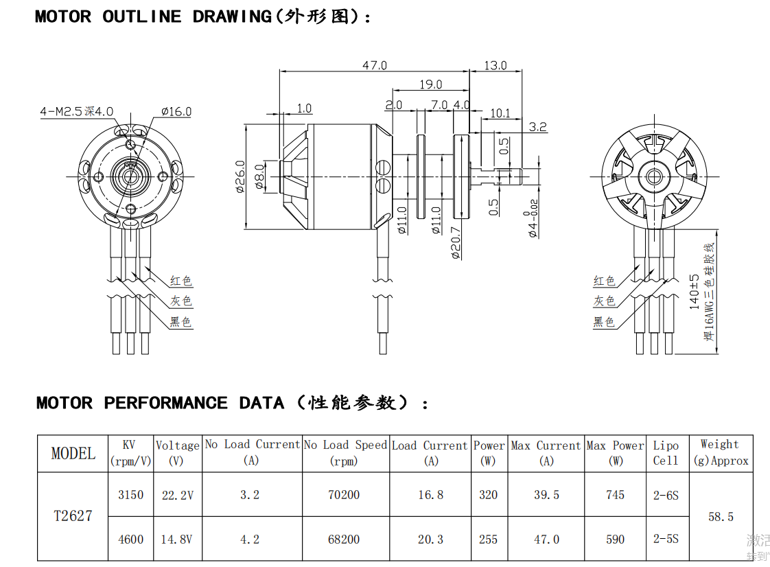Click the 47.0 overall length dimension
click(375, 65)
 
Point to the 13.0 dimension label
click(495, 65)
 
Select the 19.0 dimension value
click(430, 84)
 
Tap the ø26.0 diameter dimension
click(240, 176)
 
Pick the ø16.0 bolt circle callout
click(176, 111)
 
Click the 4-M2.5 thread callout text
click(76, 111)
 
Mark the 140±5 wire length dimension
click(695, 291)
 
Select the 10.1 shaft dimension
click(500, 113)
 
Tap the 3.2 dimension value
click(538, 126)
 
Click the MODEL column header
click(73, 453)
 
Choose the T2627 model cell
click(73, 516)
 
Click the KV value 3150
click(130, 494)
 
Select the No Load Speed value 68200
click(344, 539)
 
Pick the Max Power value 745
click(615, 494)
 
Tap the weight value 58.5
click(721, 516)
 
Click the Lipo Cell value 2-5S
click(666, 539)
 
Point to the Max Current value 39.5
click(546, 494)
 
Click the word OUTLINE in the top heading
click(142, 16)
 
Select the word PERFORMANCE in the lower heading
click(165, 403)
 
